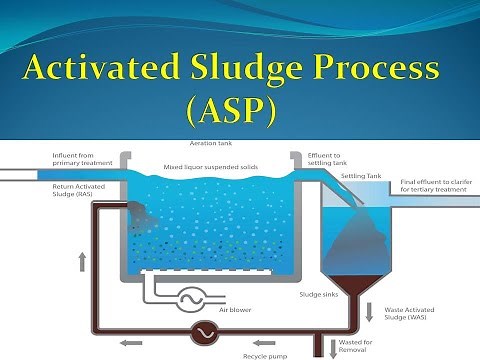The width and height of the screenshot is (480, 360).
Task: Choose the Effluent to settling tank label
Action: (x=329, y=161)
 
